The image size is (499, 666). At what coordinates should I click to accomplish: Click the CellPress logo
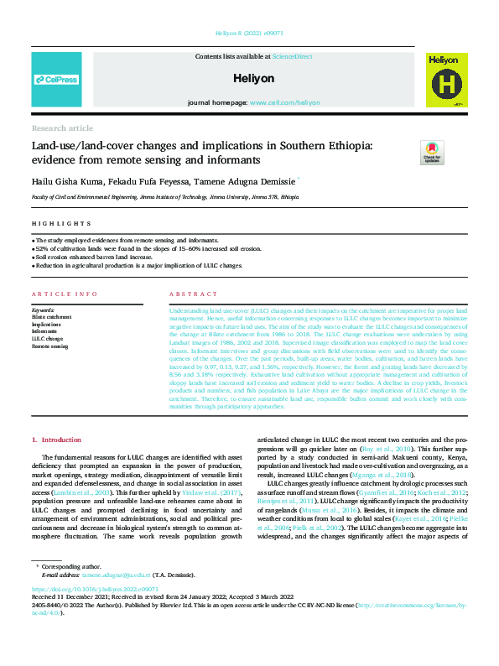(x=56, y=80)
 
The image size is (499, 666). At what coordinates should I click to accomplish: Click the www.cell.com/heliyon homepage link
(x=284, y=102)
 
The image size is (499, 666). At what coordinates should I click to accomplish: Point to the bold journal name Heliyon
(x=249, y=78)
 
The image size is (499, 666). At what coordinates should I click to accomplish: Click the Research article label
(x=62, y=128)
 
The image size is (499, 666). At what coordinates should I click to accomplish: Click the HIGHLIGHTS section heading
(x=61, y=224)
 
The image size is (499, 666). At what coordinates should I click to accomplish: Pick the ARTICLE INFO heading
(x=63, y=294)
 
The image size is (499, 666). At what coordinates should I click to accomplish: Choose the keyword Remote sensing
(x=49, y=346)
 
